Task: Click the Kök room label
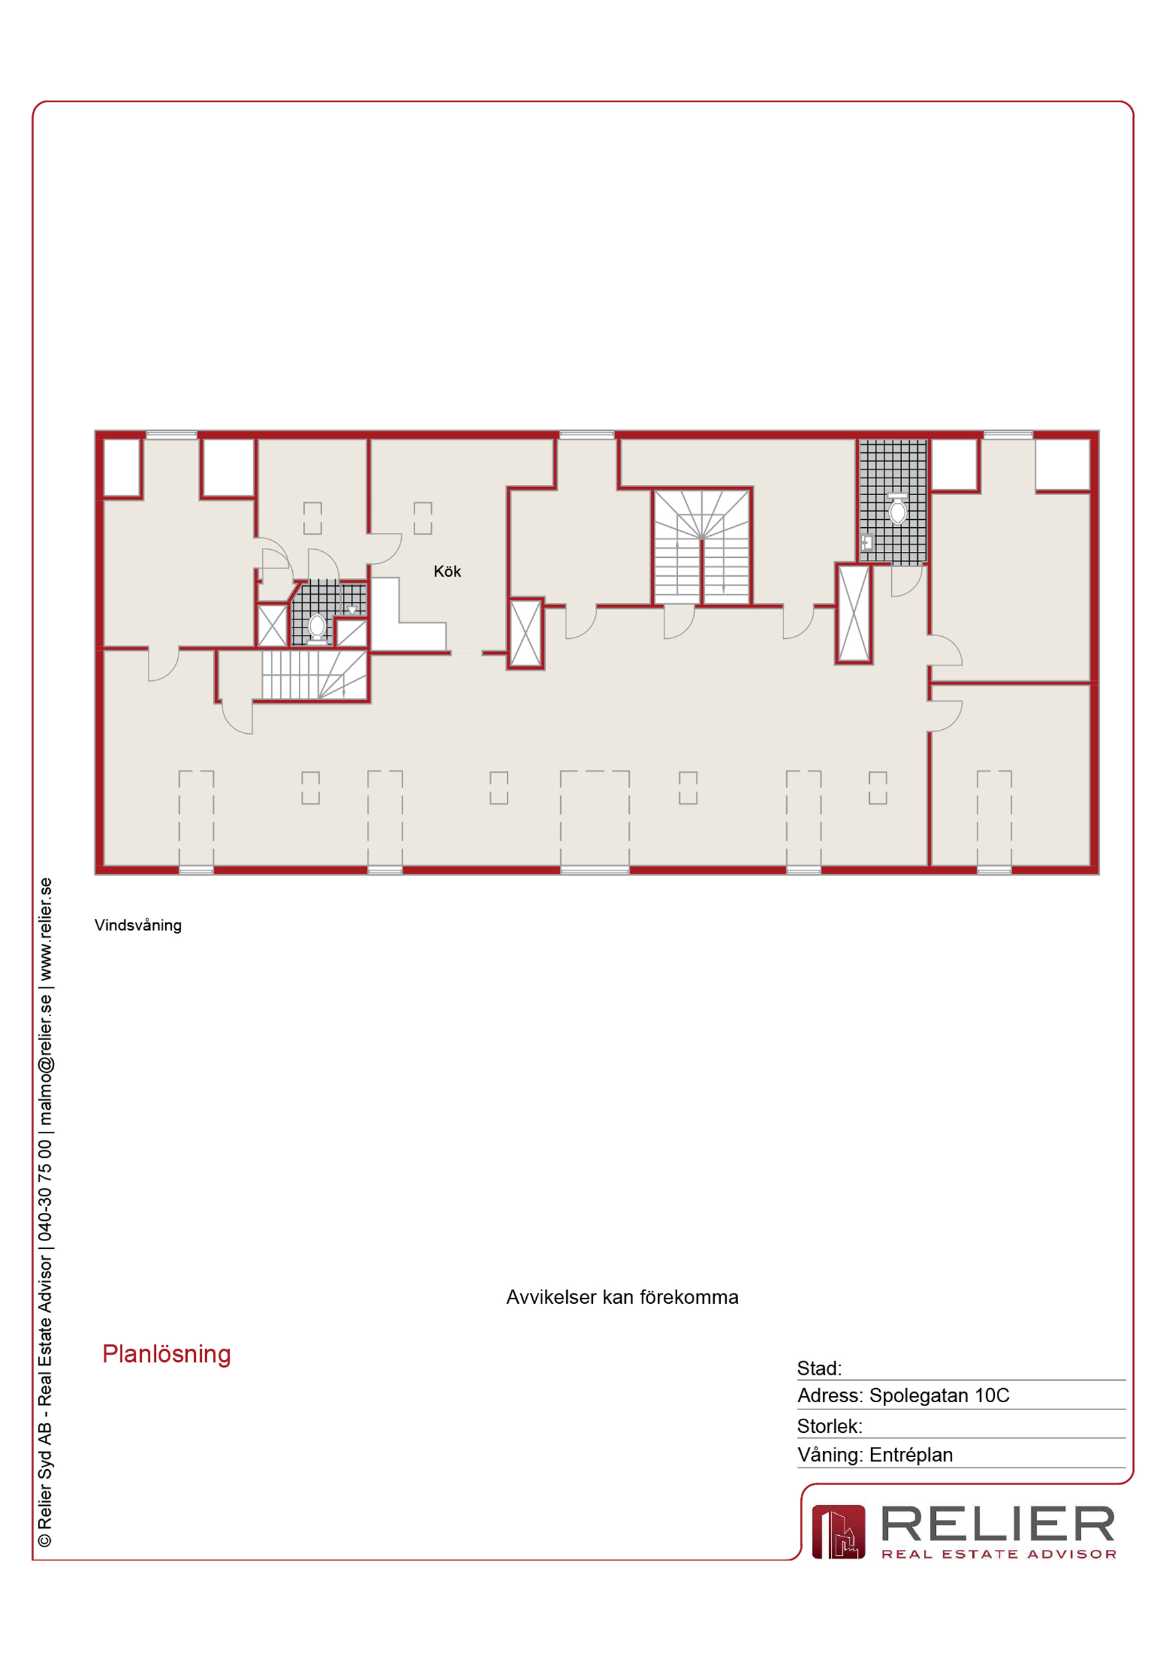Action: [x=447, y=571]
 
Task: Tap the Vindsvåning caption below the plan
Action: [x=138, y=926]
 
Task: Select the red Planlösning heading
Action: [x=167, y=1354]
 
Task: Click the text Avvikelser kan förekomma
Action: [x=622, y=1297]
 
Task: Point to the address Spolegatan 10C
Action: [x=939, y=1395]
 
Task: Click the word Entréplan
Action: [x=911, y=1454]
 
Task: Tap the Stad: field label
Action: [x=819, y=1369]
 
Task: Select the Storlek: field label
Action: [x=830, y=1426]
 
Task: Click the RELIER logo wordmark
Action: [x=998, y=1525]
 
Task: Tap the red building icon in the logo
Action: [x=838, y=1532]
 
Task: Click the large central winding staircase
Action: [x=702, y=547]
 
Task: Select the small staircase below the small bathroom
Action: [x=314, y=675]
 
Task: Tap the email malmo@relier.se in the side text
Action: [x=45, y=1060]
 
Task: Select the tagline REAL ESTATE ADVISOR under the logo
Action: [x=999, y=1554]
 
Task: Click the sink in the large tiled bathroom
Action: [x=867, y=542]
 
